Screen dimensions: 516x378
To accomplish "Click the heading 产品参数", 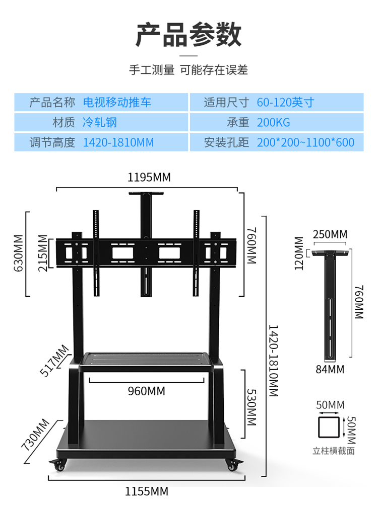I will (188, 35).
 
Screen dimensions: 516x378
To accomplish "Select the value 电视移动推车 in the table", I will (117, 103).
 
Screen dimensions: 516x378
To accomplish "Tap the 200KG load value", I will (273, 122).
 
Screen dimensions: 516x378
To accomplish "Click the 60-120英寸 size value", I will (285, 103).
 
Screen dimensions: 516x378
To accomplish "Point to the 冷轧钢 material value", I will (100, 122).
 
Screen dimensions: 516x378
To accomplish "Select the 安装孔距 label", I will (226, 142).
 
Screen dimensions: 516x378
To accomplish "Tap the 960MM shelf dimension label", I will (146, 391).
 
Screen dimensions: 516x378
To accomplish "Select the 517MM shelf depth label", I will (54, 360).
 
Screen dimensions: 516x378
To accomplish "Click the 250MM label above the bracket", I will (330, 234).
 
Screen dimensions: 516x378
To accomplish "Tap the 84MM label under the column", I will (330, 370).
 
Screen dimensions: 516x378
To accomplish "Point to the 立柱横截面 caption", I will (333, 451).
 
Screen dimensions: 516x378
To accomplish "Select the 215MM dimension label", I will (43, 252).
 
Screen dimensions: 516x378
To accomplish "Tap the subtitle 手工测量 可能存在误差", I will (188, 70).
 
